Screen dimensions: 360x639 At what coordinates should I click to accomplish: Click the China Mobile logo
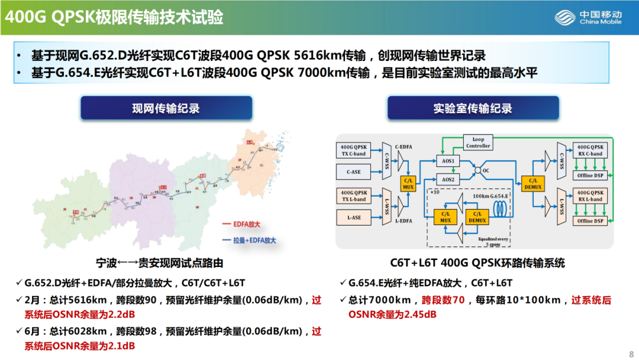588,18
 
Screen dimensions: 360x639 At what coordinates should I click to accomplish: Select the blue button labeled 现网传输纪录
166,108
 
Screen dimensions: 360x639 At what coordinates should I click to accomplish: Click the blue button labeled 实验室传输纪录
473,108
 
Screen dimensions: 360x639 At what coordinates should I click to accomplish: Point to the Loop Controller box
478,143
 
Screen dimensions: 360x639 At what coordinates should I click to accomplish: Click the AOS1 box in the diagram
448,161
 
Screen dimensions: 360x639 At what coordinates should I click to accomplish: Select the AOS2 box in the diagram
448,179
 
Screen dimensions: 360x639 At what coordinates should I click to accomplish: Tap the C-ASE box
353,172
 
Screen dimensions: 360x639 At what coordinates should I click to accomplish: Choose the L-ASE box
353,218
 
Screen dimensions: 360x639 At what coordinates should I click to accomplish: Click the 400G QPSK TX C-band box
353,150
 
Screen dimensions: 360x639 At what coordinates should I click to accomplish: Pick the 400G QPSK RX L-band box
590,196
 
